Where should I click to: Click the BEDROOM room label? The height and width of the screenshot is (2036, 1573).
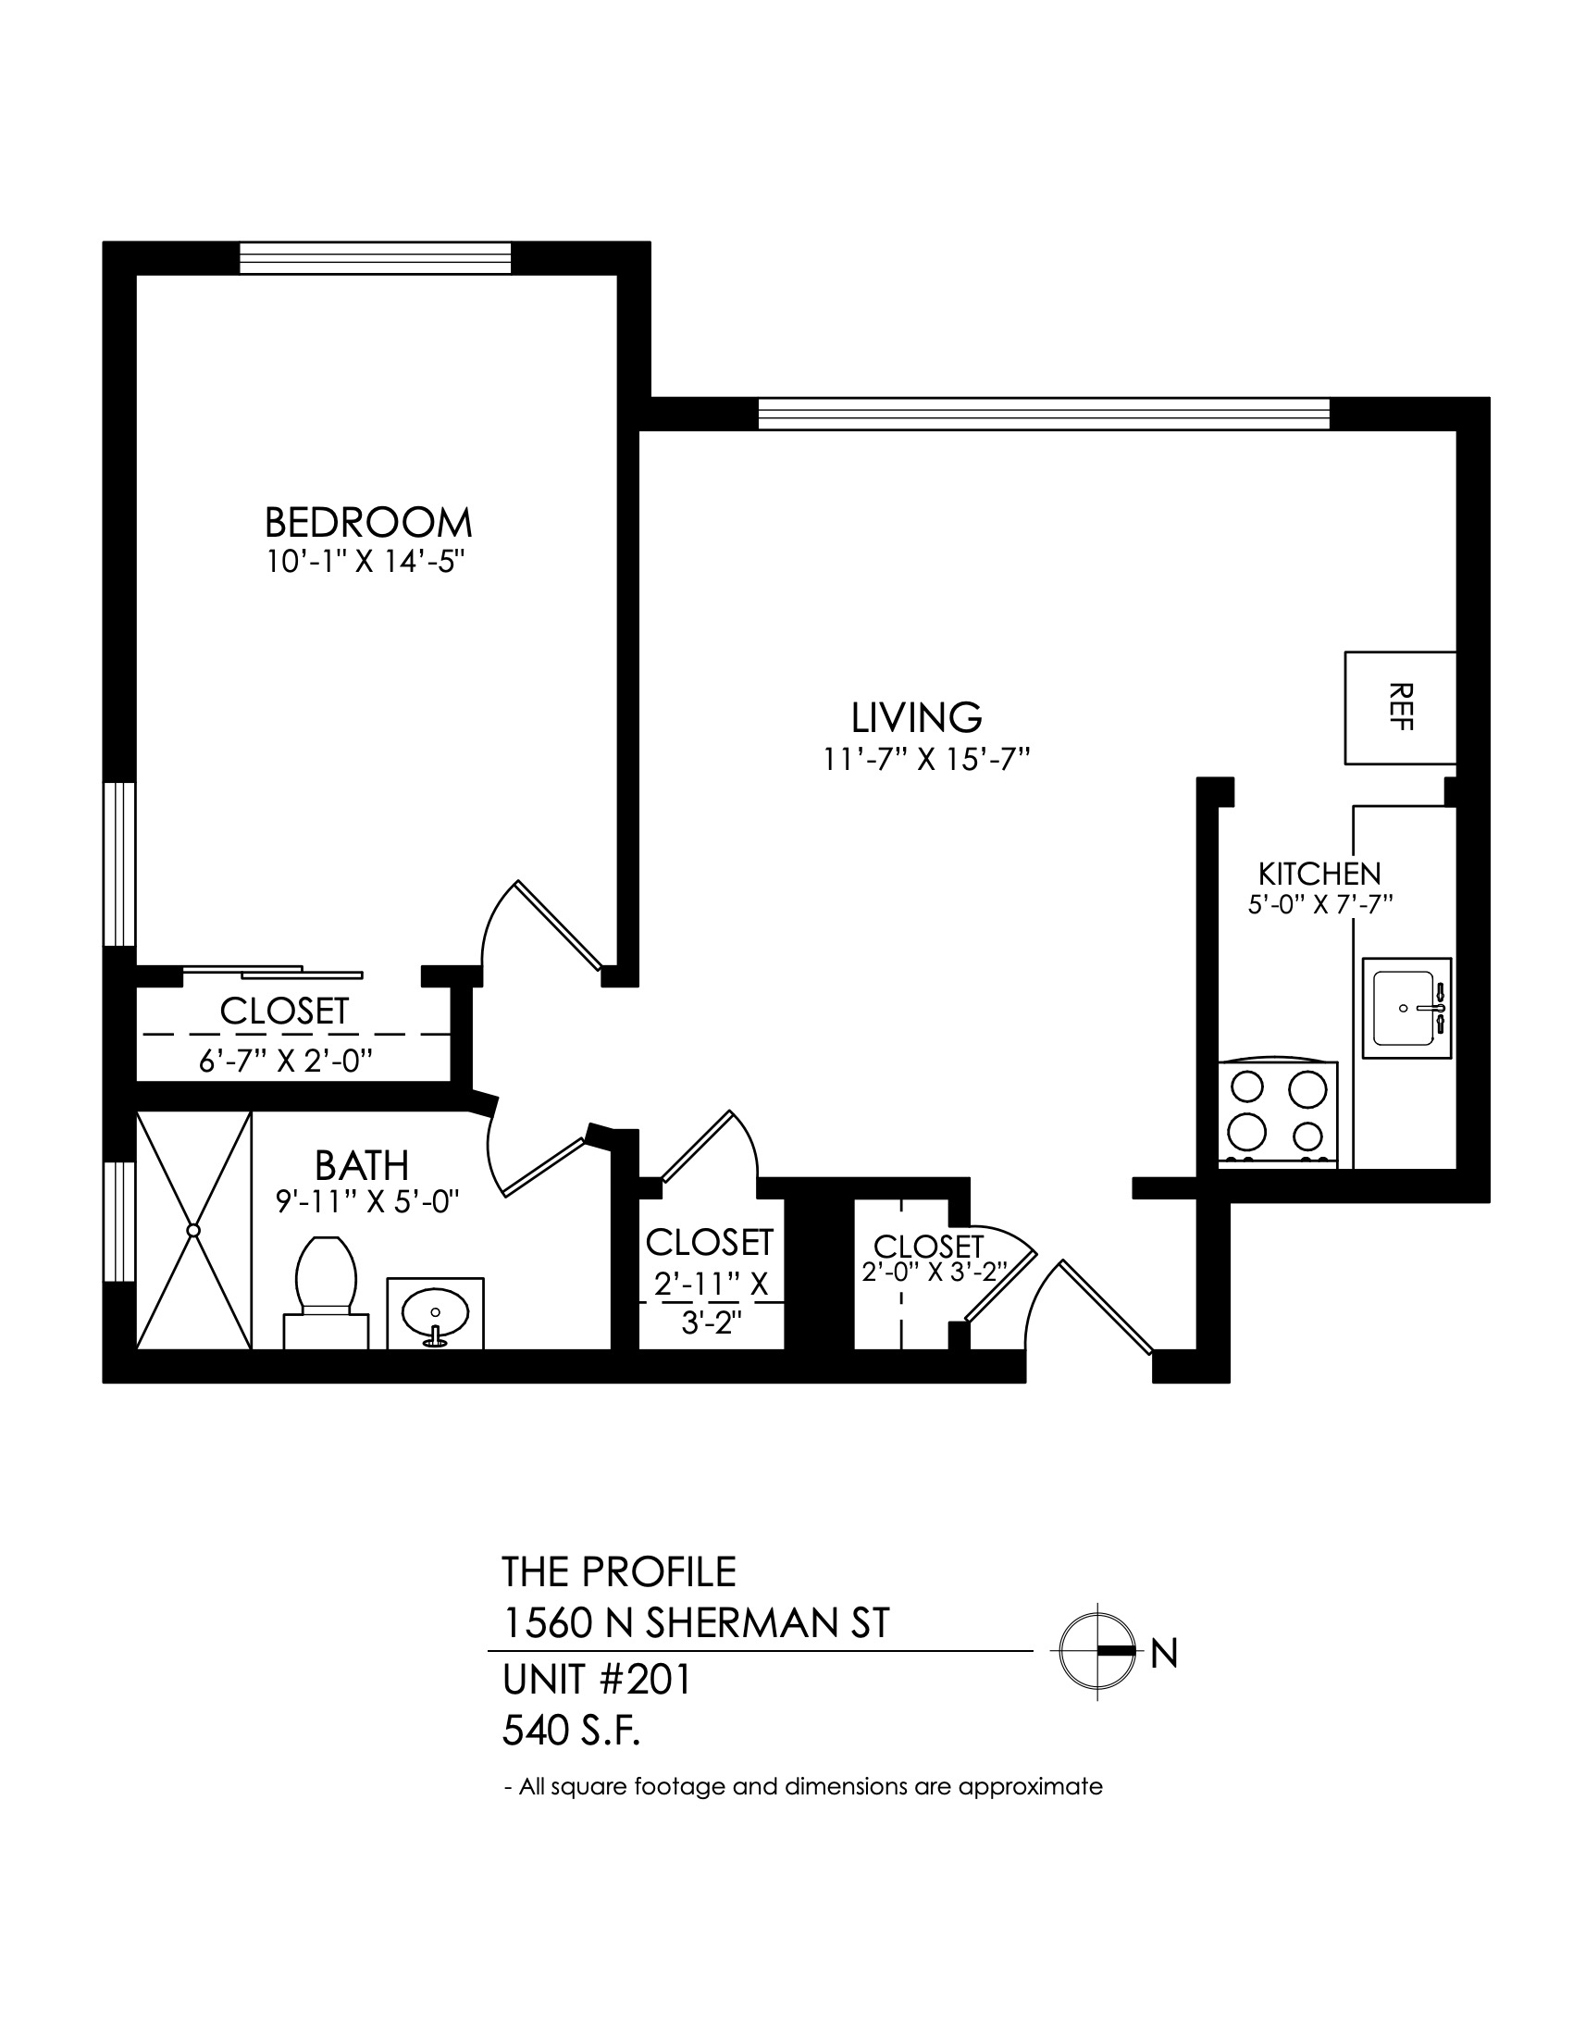pyautogui.click(x=368, y=522)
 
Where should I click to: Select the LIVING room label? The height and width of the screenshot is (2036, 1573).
pyautogui.click(x=917, y=717)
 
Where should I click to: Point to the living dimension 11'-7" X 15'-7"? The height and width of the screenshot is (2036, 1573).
pyautogui.click(x=926, y=761)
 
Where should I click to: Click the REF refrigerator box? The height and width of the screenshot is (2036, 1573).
pyautogui.click(x=1400, y=708)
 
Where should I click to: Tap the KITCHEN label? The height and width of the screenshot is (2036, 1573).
pyautogui.click(x=1319, y=874)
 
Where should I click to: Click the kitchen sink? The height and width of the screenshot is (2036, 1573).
pyautogui.click(x=1407, y=1008)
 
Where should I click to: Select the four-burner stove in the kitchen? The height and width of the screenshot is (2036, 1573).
pyautogui.click(x=1278, y=1113)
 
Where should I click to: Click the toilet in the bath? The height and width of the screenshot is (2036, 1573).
pyautogui.click(x=325, y=1291)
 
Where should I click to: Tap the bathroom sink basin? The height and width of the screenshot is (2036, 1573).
pyautogui.click(x=435, y=1314)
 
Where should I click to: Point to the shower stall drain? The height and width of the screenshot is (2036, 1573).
pyautogui.click(x=193, y=1231)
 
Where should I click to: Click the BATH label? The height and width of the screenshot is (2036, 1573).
pyautogui.click(x=362, y=1165)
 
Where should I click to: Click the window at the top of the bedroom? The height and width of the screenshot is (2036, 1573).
pyautogui.click(x=376, y=258)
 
